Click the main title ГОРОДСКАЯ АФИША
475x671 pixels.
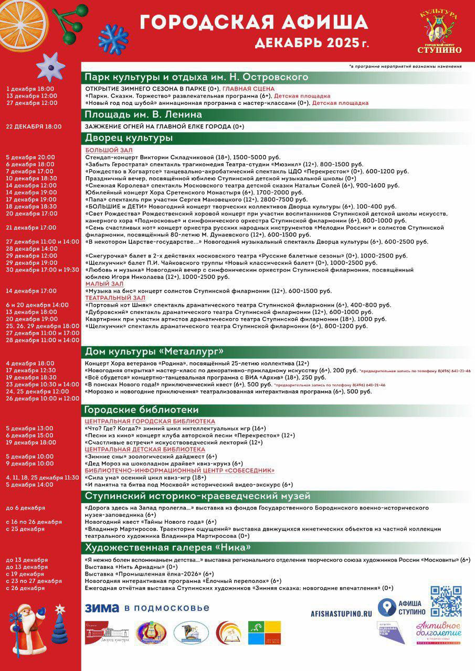point(254,23)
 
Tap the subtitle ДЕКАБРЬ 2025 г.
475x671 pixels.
point(311,43)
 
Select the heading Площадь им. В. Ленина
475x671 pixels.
point(143,114)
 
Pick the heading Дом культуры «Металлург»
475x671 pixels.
point(154,351)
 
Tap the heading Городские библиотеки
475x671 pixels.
point(142,409)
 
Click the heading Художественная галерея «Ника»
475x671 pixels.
point(167,547)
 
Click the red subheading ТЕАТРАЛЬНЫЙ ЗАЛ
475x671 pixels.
point(115,298)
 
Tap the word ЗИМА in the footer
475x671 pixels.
point(102,608)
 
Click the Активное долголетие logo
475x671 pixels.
point(438,630)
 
